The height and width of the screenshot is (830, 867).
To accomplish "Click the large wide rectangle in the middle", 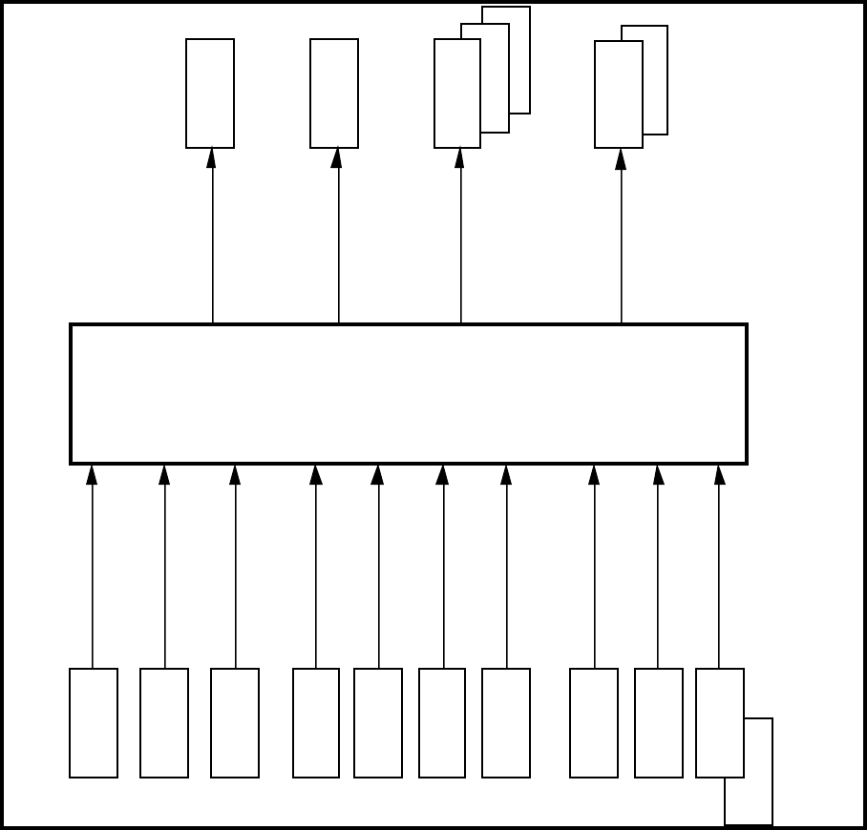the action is click(409, 394).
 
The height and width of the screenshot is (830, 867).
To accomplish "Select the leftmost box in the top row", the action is click(210, 93).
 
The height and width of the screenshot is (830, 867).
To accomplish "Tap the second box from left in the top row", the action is click(334, 93).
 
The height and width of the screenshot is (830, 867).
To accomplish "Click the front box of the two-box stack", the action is click(619, 94).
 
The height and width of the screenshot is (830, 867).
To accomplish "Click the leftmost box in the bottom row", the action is click(94, 723).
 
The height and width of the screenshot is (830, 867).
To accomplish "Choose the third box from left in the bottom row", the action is click(235, 723).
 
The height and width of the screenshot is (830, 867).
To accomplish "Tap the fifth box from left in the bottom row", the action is click(378, 723).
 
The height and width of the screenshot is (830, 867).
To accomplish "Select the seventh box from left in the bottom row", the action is click(506, 723).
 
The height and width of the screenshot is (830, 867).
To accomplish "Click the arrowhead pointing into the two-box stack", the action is click(621, 158).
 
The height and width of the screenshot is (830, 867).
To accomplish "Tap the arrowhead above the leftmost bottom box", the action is click(93, 474).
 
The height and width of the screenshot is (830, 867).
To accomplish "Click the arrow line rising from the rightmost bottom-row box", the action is click(719, 572).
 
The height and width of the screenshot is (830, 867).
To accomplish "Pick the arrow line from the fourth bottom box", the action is click(316, 572).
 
